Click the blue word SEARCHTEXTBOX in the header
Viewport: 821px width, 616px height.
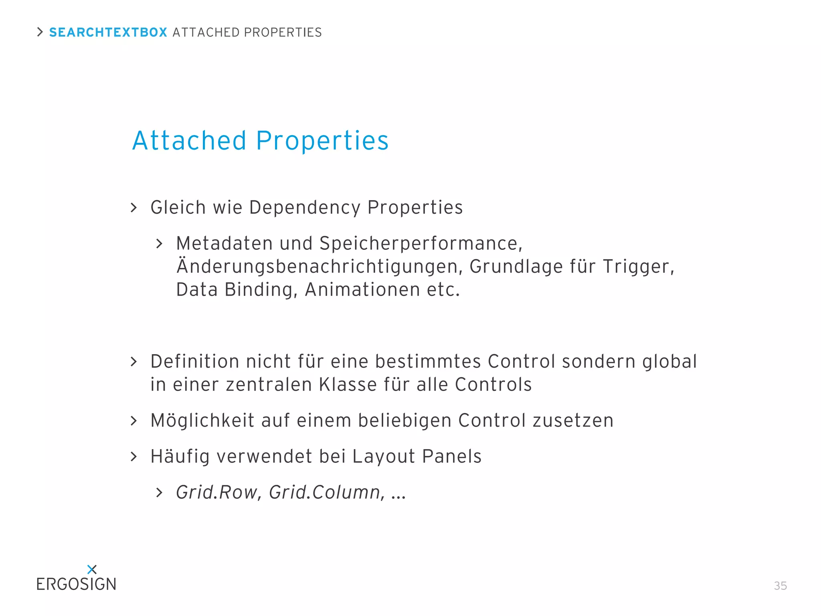pyautogui.click(x=108, y=32)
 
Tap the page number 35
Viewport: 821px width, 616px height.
pyautogui.click(x=780, y=586)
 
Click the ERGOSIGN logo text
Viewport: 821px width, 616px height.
pyautogui.click(x=76, y=584)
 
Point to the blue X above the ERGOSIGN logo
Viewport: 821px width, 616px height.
pyautogui.click(x=92, y=569)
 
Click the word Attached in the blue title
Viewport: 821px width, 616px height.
pyautogui.click(x=189, y=141)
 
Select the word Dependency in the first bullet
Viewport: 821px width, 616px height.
pyautogui.click(x=305, y=208)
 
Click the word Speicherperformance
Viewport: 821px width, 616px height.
pyautogui.click(x=421, y=243)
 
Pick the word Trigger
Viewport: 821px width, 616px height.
pyautogui.click(x=638, y=267)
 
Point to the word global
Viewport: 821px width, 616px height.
pyautogui.click(x=669, y=362)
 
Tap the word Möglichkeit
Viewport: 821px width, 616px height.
pyautogui.click(x=202, y=421)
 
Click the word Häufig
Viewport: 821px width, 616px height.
pyautogui.click(x=180, y=457)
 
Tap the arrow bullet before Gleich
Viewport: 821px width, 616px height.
pyautogui.click(x=134, y=208)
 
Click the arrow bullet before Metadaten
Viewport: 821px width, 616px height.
pyautogui.click(x=160, y=244)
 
